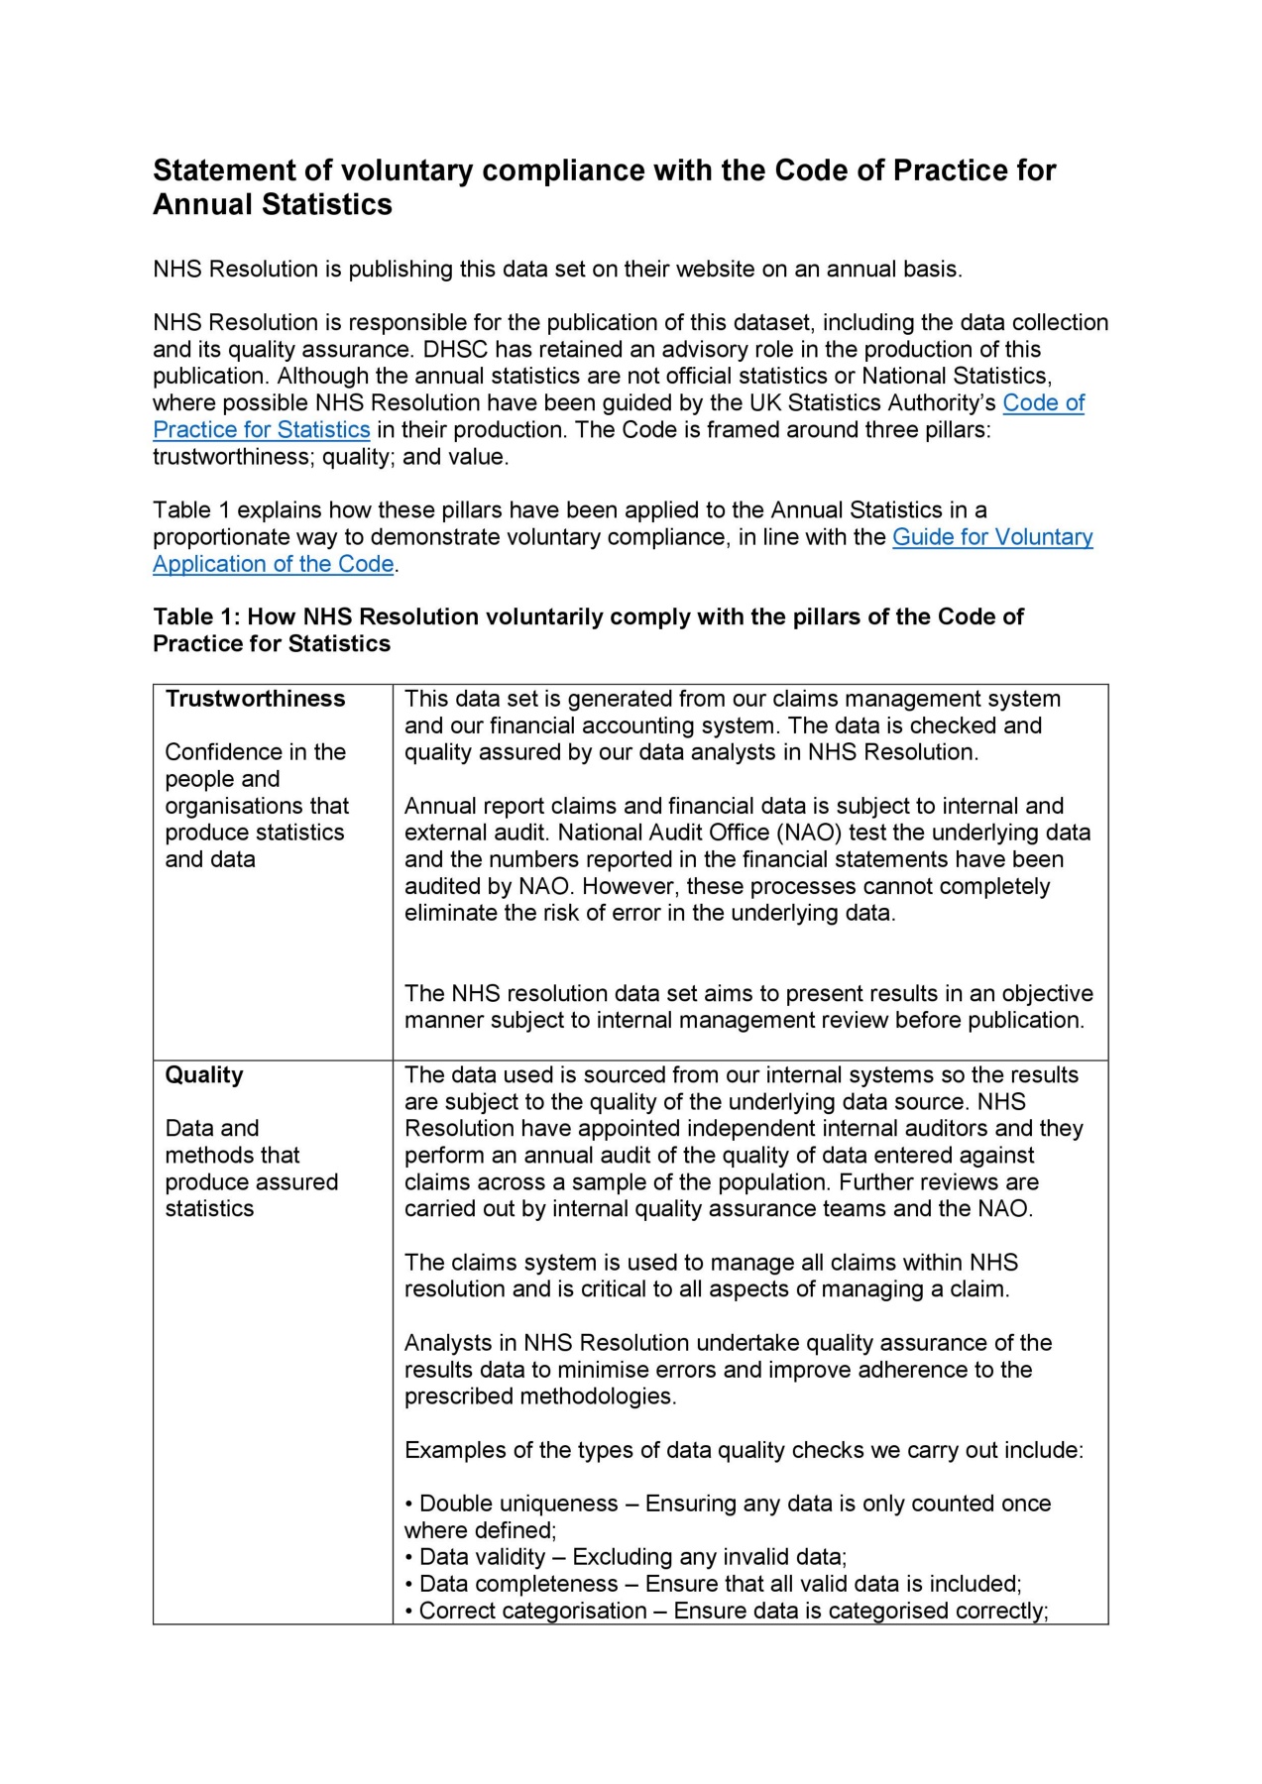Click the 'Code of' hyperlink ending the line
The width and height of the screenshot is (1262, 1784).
(1043, 402)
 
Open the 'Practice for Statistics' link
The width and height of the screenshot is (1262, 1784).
(262, 429)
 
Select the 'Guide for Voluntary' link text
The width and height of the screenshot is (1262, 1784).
(992, 536)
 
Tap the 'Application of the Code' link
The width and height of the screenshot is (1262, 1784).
(274, 564)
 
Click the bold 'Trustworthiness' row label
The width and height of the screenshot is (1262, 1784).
(255, 699)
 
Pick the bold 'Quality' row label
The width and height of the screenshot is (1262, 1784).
(204, 1075)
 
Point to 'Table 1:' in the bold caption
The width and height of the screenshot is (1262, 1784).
(196, 616)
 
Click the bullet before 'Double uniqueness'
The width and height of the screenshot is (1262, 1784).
(409, 1505)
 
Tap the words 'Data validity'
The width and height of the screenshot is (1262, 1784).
(483, 1557)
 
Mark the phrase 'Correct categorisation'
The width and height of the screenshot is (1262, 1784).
(532, 1611)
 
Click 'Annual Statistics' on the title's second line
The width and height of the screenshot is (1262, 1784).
(273, 204)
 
